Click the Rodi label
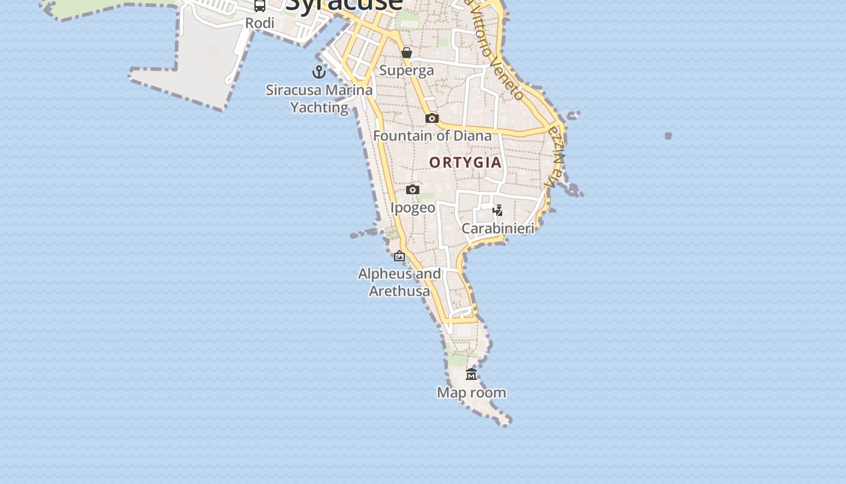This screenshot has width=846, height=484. coord(260,23)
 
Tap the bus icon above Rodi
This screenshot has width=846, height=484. coord(260,6)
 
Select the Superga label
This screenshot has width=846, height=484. coord(407,70)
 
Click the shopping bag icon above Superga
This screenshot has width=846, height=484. coord(407,53)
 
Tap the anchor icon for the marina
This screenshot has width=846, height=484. coord(319,73)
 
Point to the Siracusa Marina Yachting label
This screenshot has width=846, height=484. coord(320,99)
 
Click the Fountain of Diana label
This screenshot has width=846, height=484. coord(433,136)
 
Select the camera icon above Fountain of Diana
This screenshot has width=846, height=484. coord(431,118)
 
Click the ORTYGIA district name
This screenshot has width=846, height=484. coord(465,162)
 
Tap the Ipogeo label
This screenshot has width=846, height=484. coord(413,208)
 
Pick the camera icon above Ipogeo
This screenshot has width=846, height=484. coord(413,190)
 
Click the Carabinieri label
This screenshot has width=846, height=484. coord(498,228)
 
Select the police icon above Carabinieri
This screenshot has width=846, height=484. coord(498,211)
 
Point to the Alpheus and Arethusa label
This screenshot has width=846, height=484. coord(399,282)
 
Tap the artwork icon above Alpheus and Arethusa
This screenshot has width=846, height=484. coord(399,256)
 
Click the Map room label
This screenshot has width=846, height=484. coord(471,393)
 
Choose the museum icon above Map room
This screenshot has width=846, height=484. coord(471,374)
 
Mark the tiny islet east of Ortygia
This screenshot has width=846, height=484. coord(668,136)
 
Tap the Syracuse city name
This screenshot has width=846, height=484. coord(344,5)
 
